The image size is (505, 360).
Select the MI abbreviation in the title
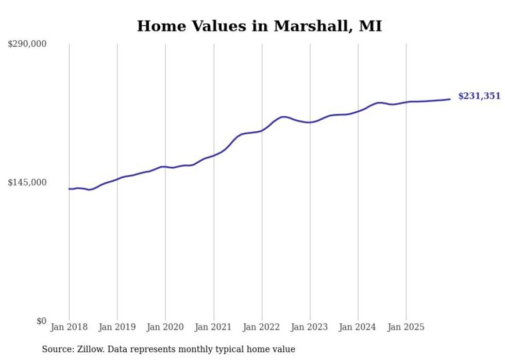point(370,26)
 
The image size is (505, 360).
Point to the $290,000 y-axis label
point(27,44)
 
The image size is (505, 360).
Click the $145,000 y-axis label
point(27,182)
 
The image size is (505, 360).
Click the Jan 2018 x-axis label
point(69,327)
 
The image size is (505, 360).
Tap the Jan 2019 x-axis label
point(117,327)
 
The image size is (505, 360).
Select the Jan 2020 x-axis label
point(165,327)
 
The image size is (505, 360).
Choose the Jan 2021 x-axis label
point(213,327)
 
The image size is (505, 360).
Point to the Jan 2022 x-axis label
point(262,327)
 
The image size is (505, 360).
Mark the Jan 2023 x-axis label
point(310,327)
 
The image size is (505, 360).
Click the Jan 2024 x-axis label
point(358,327)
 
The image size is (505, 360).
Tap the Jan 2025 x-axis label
point(406,327)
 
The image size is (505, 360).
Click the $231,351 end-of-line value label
point(479,96)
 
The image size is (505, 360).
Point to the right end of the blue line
point(450,99)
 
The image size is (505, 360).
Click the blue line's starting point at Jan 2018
point(69,189)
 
